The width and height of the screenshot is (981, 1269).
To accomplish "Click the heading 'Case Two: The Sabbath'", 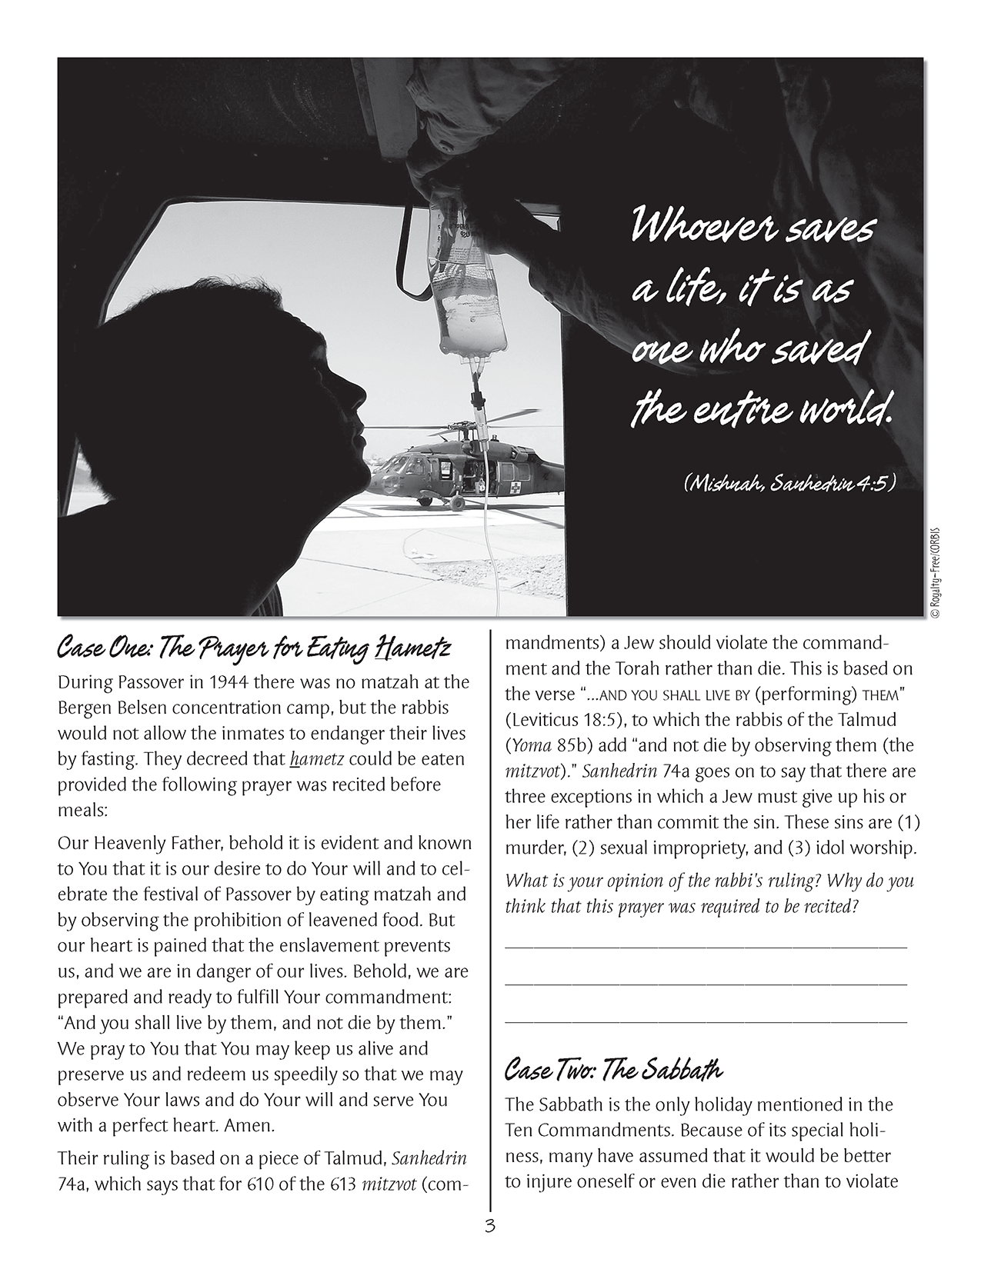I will click(x=613, y=1069).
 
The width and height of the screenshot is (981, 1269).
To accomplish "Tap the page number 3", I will click(x=490, y=1226).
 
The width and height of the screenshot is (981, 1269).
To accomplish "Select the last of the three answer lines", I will click(x=706, y=1022).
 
